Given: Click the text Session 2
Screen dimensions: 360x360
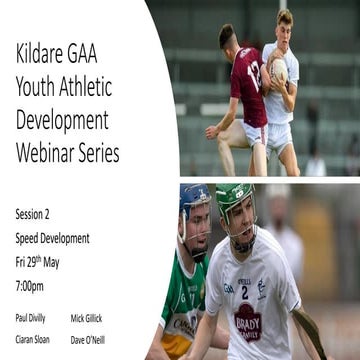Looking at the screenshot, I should [36, 215].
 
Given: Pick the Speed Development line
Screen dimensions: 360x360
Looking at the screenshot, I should [52, 238].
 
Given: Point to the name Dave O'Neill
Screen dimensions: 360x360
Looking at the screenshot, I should [87, 339].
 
